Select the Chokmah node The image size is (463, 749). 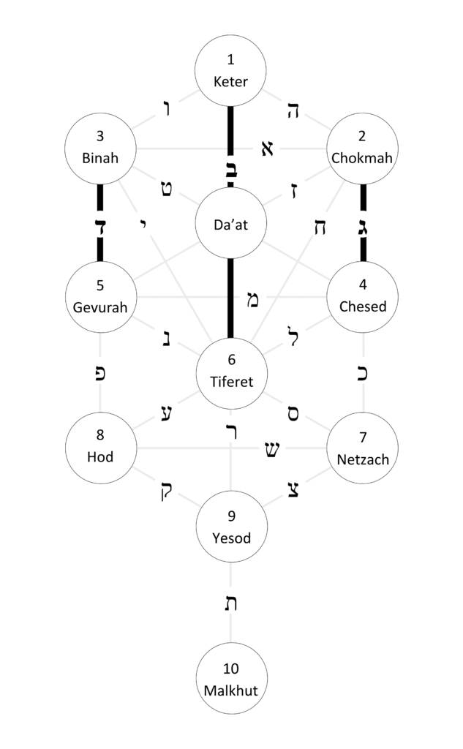pyautogui.click(x=363, y=148)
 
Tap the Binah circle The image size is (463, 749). pyautogui.click(x=100, y=148)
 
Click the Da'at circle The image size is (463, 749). pyautogui.click(x=231, y=223)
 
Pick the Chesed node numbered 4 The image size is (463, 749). pyautogui.click(x=363, y=297)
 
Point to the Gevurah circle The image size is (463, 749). pyautogui.click(x=100, y=297)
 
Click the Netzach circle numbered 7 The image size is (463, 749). pyautogui.click(x=363, y=448)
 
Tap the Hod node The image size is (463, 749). pyautogui.click(x=100, y=448)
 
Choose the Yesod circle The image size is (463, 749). pyautogui.click(x=231, y=527)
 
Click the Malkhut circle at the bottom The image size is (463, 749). pyautogui.click(x=231, y=678)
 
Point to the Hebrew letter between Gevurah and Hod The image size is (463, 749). pyautogui.click(x=100, y=372)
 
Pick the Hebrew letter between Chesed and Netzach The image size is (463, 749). pyautogui.click(x=363, y=372)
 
